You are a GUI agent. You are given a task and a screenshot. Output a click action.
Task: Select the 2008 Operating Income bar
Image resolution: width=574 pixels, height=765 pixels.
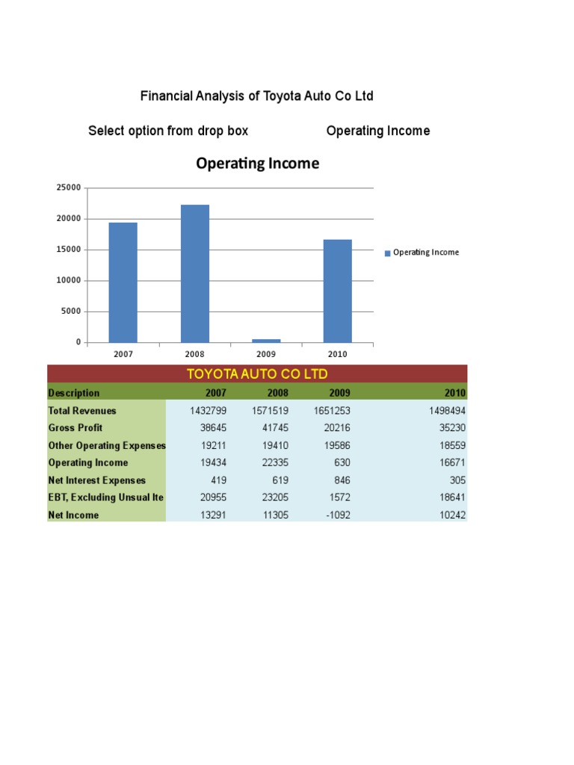(194, 273)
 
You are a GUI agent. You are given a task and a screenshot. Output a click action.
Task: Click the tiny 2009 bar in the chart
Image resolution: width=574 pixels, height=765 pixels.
(266, 341)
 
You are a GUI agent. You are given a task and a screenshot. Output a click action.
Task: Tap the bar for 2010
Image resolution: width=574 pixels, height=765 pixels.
(337, 291)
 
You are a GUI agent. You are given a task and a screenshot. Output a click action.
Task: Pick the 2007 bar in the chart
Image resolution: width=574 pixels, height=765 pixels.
(123, 282)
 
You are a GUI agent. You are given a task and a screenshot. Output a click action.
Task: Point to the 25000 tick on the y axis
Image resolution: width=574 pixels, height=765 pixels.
(68, 188)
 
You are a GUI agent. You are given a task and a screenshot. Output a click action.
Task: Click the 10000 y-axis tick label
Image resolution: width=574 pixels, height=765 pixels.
(68, 280)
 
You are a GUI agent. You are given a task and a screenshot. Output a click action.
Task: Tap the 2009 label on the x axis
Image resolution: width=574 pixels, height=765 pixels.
(266, 354)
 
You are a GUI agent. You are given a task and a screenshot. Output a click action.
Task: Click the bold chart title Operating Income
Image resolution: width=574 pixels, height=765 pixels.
(257, 163)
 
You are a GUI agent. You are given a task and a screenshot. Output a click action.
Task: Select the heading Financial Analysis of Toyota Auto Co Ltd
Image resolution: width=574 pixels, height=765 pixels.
(257, 96)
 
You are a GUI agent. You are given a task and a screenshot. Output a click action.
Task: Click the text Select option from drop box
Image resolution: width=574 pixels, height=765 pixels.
(168, 131)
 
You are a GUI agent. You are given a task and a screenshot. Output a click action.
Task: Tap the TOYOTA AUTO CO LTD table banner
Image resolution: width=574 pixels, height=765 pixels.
(257, 374)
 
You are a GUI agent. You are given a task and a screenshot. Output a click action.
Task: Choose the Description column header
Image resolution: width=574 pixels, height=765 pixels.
(74, 393)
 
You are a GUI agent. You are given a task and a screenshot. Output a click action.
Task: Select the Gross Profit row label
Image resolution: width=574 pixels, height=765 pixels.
(75, 428)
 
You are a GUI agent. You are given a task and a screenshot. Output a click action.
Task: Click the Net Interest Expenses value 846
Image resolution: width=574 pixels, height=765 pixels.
(340, 480)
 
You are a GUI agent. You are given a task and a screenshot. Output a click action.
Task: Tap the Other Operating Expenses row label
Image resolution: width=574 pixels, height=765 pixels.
(107, 445)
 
